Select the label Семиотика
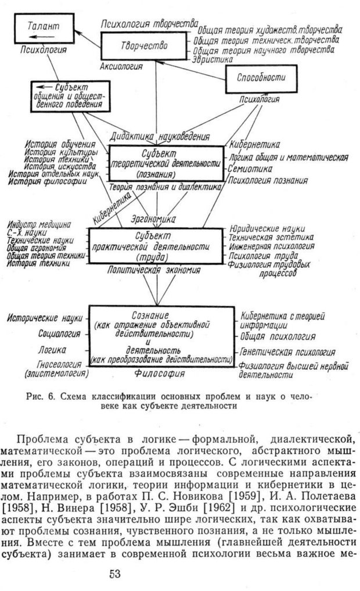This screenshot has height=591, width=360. (x=251, y=169)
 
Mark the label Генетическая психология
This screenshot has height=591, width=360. (x=288, y=352)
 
